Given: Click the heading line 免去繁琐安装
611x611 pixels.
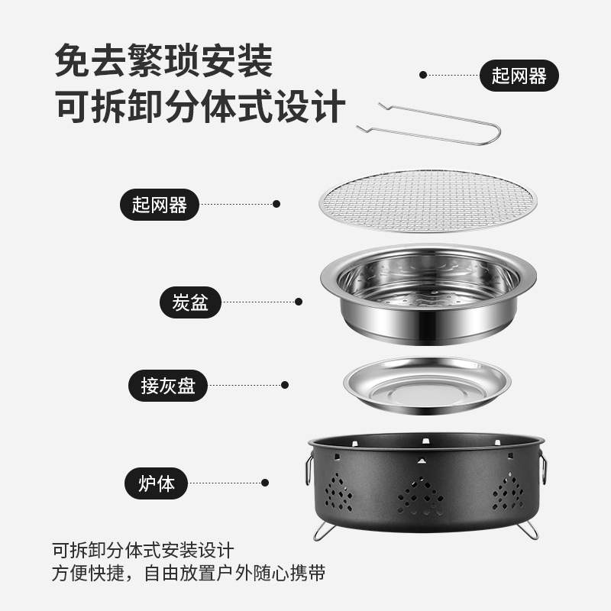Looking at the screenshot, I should pyautogui.click(x=163, y=61).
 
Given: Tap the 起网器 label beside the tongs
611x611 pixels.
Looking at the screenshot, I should pyautogui.click(x=519, y=76).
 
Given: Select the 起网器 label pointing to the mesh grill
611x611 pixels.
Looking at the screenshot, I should pyautogui.click(x=160, y=204).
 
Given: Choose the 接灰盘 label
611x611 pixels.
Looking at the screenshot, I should pyautogui.click(x=167, y=386).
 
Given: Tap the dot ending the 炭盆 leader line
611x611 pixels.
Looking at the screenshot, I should pyautogui.click(x=298, y=302).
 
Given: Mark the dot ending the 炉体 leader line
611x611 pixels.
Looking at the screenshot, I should pyautogui.click(x=265, y=483).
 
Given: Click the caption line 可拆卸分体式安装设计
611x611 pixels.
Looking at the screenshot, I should pyautogui.click(x=143, y=550).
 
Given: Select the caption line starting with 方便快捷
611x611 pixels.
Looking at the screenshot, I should pyautogui.click(x=189, y=574).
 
